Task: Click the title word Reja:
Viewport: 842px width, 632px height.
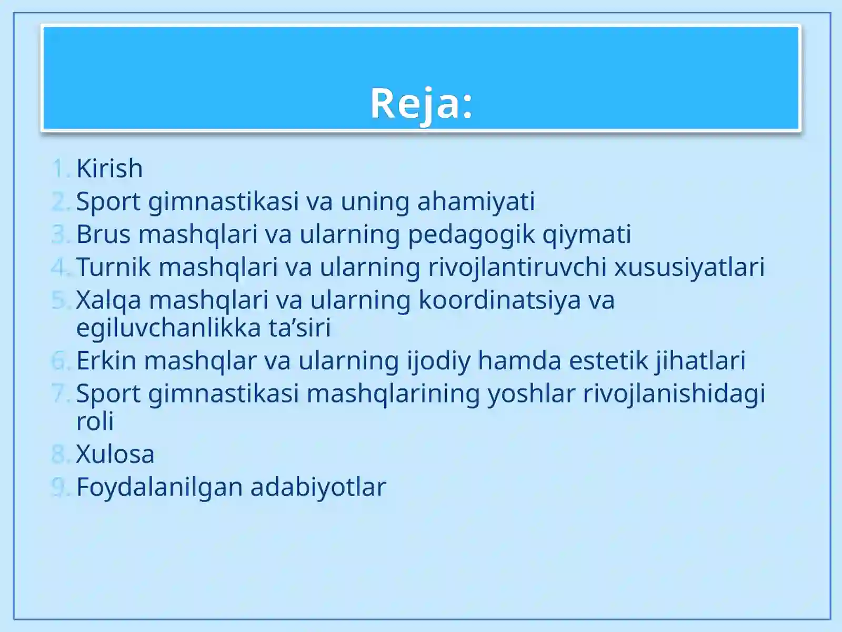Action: pyautogui.click(x=421, y=103)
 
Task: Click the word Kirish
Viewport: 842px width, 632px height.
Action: pyautogui.click(x=109, y=169)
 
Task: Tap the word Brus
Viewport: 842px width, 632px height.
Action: pyautogui.click(x=103, y=234)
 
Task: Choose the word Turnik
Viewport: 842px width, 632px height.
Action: pyautogui.click(x=113, y=267)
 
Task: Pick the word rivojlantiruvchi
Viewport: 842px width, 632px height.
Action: pyautogui.click(x=517, y=267)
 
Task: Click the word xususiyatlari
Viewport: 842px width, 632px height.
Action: pyautogui.click(x=689, y=267)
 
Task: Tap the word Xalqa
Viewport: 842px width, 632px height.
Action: pyautogui.click(x=108, y=300)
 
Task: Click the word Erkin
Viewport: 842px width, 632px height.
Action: pyautogui.click(x=106, y=361)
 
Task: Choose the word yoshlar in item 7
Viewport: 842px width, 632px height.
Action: pyautogui.click(x=531, y=393)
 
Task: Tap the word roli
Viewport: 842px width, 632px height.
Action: pyautogui.click(x=95, y=421)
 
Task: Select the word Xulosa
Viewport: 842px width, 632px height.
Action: pyautogui.click(x=115, y=454)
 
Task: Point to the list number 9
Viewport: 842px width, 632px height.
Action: pyautogui.click(x=59, y=487)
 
